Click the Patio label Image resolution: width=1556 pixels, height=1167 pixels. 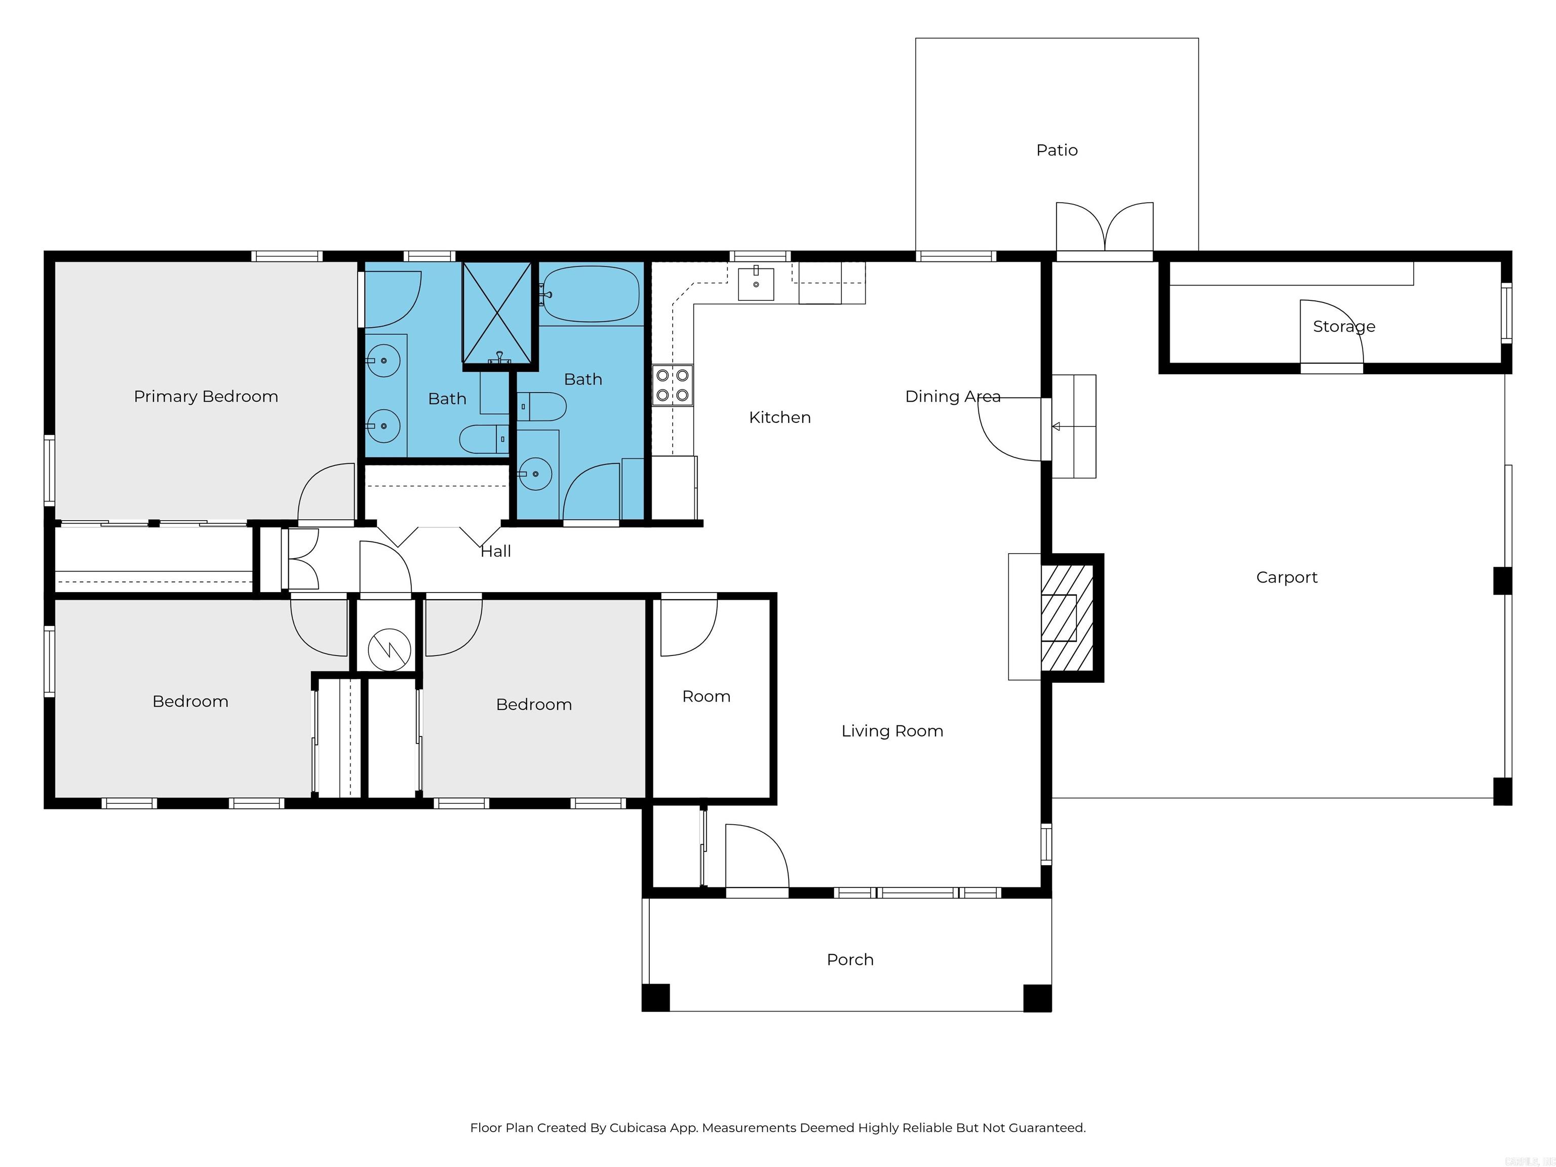point(1057,150)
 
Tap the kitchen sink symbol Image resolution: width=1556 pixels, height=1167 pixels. point(756,284)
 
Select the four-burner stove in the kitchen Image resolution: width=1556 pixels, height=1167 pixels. point(672,385)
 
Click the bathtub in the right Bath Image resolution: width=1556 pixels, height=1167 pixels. point(591,294)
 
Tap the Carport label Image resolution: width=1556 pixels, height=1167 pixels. point(1286,577)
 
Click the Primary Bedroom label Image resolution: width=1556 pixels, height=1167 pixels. point(206,397)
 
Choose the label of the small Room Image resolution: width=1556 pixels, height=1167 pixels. point(706,696)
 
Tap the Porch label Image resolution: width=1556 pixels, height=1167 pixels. point(850,959)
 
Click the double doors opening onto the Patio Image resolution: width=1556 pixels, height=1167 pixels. point(1104,228)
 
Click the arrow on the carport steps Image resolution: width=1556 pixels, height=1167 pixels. point(1056,426)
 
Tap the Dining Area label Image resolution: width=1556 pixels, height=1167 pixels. point(952,397)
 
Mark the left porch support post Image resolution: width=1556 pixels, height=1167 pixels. point(655,997)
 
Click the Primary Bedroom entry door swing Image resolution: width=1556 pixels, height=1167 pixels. point(326,494)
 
